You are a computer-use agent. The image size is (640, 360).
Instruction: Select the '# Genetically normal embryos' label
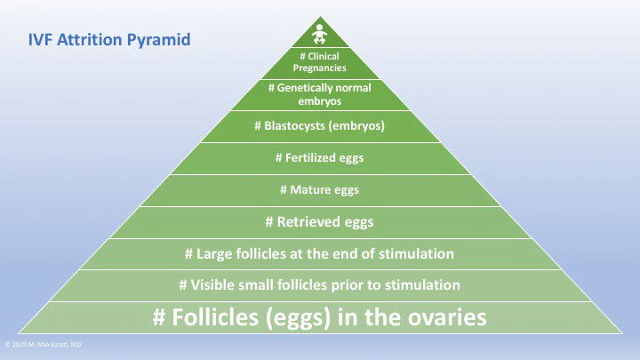pyautogui.click(x=320, y=95)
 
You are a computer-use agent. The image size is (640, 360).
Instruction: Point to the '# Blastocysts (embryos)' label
pyautogui.click(x=320, y=126)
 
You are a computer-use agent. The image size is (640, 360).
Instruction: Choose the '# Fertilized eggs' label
pyautogui.click(x=320, y=158)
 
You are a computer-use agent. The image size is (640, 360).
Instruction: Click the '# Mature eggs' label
pyautogui.click(x=320, y=189)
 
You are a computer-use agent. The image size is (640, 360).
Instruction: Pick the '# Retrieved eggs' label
pyautogui.click(x=320, y=220)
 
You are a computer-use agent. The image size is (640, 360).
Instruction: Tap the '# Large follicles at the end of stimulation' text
pyautogui.click(x=320, y=253)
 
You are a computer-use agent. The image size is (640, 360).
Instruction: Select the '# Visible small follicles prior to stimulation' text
pyautogui.click(x=320, y=284)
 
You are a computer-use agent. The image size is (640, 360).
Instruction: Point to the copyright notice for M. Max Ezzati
pyautogui.click(x=44, y=343)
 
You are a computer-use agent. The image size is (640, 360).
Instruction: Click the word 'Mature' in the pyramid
pyautogui.click(x=312, y=189)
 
